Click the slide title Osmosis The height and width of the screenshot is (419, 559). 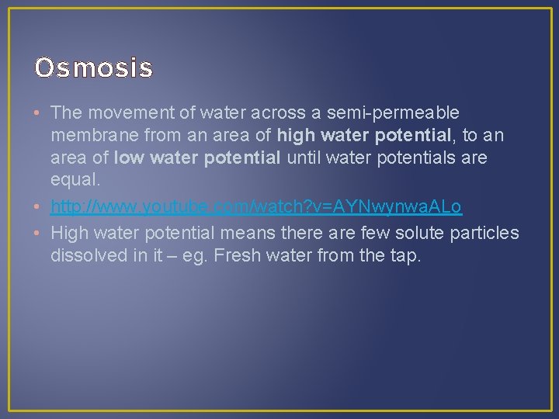93,68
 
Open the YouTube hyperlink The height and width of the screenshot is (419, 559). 256,207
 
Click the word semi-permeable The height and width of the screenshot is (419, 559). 394,113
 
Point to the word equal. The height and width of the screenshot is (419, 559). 74,181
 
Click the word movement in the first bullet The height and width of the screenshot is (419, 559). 120,113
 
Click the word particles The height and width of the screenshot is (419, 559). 485,232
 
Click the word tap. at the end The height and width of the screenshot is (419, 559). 404,255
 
